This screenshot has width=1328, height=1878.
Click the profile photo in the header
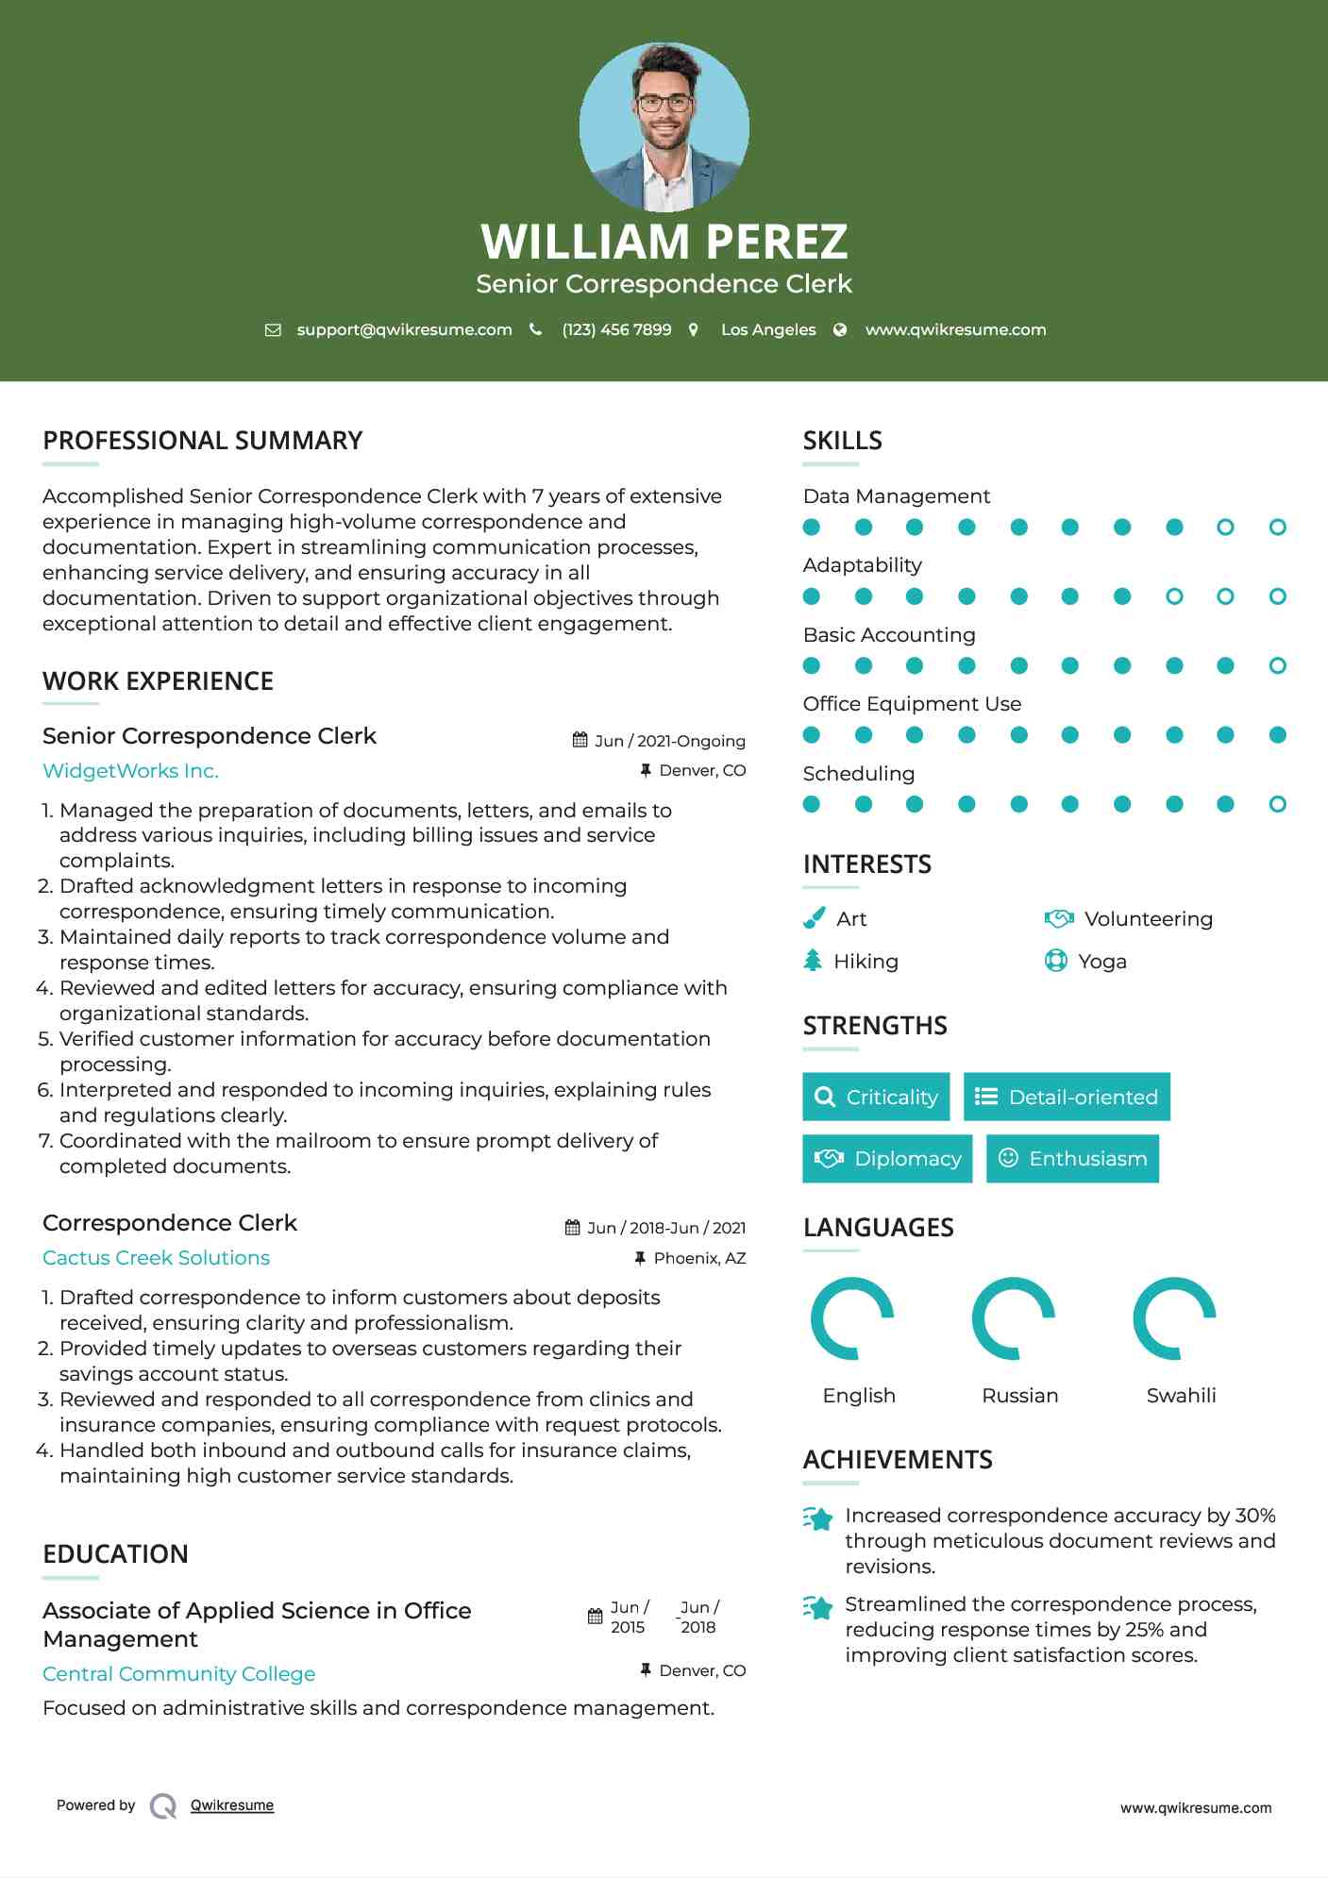664,127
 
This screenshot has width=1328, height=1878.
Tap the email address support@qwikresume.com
404,329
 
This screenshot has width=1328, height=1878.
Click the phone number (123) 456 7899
616,329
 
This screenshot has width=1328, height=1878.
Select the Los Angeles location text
768,329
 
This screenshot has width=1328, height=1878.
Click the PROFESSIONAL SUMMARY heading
203,441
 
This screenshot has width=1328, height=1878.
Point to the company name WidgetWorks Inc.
130,771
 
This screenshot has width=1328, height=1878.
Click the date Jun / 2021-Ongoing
669,741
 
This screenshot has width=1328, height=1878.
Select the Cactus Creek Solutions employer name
156,1258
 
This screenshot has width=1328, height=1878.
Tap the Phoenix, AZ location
699,1258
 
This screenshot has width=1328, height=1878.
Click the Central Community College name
179,1674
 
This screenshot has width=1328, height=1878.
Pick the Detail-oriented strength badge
1067,1097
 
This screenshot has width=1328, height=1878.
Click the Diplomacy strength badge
887,1158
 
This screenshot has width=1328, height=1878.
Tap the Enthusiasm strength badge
1072,1158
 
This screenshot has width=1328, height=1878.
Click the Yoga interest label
1102,962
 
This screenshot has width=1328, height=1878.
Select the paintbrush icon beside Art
814,918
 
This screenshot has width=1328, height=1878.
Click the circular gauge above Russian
1014,1318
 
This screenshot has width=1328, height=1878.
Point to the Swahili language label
1181,1396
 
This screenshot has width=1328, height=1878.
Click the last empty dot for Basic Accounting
1277,666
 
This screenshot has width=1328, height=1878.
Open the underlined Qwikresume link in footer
232,1805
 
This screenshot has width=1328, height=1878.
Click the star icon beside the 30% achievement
818,1518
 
